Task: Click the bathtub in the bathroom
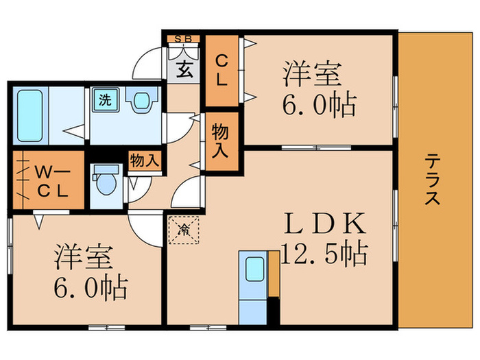click(29, 114)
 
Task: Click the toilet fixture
click(105, 182)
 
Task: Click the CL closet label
click(221, 70)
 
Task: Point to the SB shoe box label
click(182, 39)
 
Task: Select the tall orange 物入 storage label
click(221, 141)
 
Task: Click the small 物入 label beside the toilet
click(144, 161)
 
